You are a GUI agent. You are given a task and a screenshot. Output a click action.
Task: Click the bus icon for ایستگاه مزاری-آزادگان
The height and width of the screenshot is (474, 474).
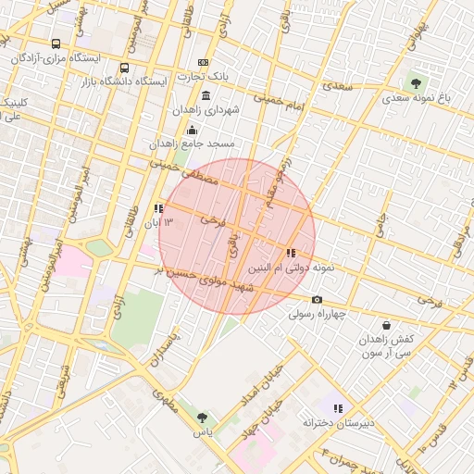pyautogui.click(x=56, y=44)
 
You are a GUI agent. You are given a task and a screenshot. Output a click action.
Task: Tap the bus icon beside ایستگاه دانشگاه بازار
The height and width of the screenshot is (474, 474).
pyautogui.click(x=124, y=68)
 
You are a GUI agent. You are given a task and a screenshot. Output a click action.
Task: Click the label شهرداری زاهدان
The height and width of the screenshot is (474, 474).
pyautogui.click(x=206, y=109)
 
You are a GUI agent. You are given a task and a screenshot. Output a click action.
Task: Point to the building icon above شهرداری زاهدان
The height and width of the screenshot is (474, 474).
pyautogui.click(x=205, y=96)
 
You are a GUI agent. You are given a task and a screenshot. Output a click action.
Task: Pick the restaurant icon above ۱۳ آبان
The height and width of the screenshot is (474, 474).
pyautogui.click(x=158, y=208)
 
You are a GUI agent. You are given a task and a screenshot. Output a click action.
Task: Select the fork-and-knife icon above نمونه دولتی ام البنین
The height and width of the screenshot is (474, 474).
pyautogui.click(x=291, y=253)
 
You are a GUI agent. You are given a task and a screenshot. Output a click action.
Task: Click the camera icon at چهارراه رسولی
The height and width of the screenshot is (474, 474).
pyautogui.click(x=318, y=299)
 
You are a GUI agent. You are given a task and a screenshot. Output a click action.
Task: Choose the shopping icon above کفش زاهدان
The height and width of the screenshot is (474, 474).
pyautogui.click(x=386, y=326)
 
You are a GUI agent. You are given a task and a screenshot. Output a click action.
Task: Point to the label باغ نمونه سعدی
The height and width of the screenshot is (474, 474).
pyautogui.click(x=414, y=97)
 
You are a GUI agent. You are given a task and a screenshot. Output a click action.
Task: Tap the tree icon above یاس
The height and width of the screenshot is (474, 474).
pyautogui.click(x=202, y=418)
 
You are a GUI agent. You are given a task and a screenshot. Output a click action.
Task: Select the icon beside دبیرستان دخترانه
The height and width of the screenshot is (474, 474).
pyautogui.click(x=339, y=407)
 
